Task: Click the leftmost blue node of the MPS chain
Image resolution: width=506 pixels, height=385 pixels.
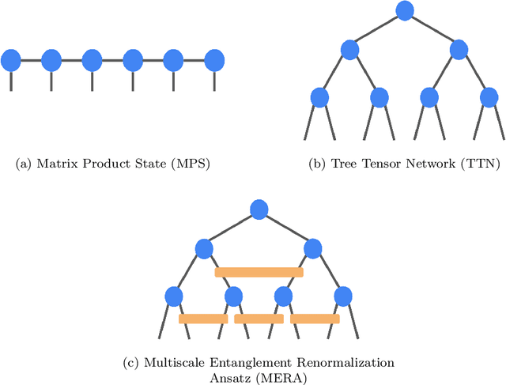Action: (x=11, y=59)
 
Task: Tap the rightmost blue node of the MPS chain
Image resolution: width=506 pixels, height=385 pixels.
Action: (x=214, y=59)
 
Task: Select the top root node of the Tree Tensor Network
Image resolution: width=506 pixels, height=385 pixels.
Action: (x=404, y=10)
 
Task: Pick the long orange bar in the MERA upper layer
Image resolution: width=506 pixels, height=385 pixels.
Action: (x=259, y=272)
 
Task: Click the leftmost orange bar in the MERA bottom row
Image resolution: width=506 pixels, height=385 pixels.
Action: (x=203, y=319)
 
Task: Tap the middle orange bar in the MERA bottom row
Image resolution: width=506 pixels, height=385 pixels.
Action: (x=259, y=319)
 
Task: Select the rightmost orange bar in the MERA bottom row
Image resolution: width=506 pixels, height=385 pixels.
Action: (x=315, y=319)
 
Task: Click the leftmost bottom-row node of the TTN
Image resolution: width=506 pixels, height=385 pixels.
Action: (x=319, y=97)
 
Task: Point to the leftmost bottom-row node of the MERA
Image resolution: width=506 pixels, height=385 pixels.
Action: (x=174, y=296)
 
